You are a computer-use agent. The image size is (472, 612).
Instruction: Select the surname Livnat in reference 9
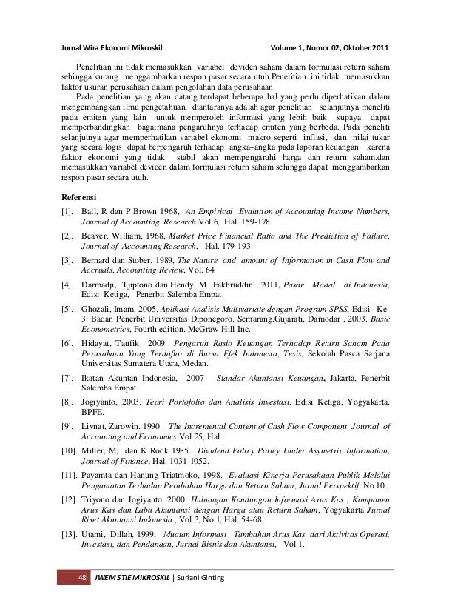tap(96, 426)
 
